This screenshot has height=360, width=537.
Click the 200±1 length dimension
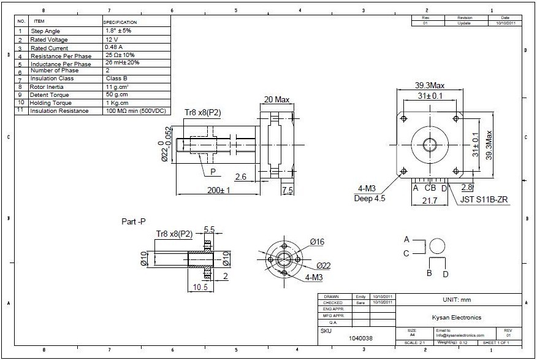click(x=218, y=190)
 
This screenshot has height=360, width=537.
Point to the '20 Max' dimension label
click(x=276, y=99)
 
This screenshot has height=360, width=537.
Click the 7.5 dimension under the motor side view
click(x=287, y=191)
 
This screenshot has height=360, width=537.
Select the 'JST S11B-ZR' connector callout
click(x=481, y=200)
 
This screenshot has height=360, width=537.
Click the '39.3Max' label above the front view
click(x=430, y=85)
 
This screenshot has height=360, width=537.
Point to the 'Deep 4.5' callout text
click(x=370, y=198)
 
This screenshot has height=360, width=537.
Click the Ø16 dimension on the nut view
click(x=317, y=242)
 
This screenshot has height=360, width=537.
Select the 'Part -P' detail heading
click(x=134, y=221)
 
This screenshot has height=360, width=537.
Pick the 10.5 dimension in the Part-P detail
click(x=200, y=287)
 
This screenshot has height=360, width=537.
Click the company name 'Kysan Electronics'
click(x=461, y=318)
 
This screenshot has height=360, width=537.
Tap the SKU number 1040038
click(x=360, y=338)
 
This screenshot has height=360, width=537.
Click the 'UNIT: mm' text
click(x=457, y=300)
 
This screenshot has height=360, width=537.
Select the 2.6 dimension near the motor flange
click(x=241, y=177)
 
